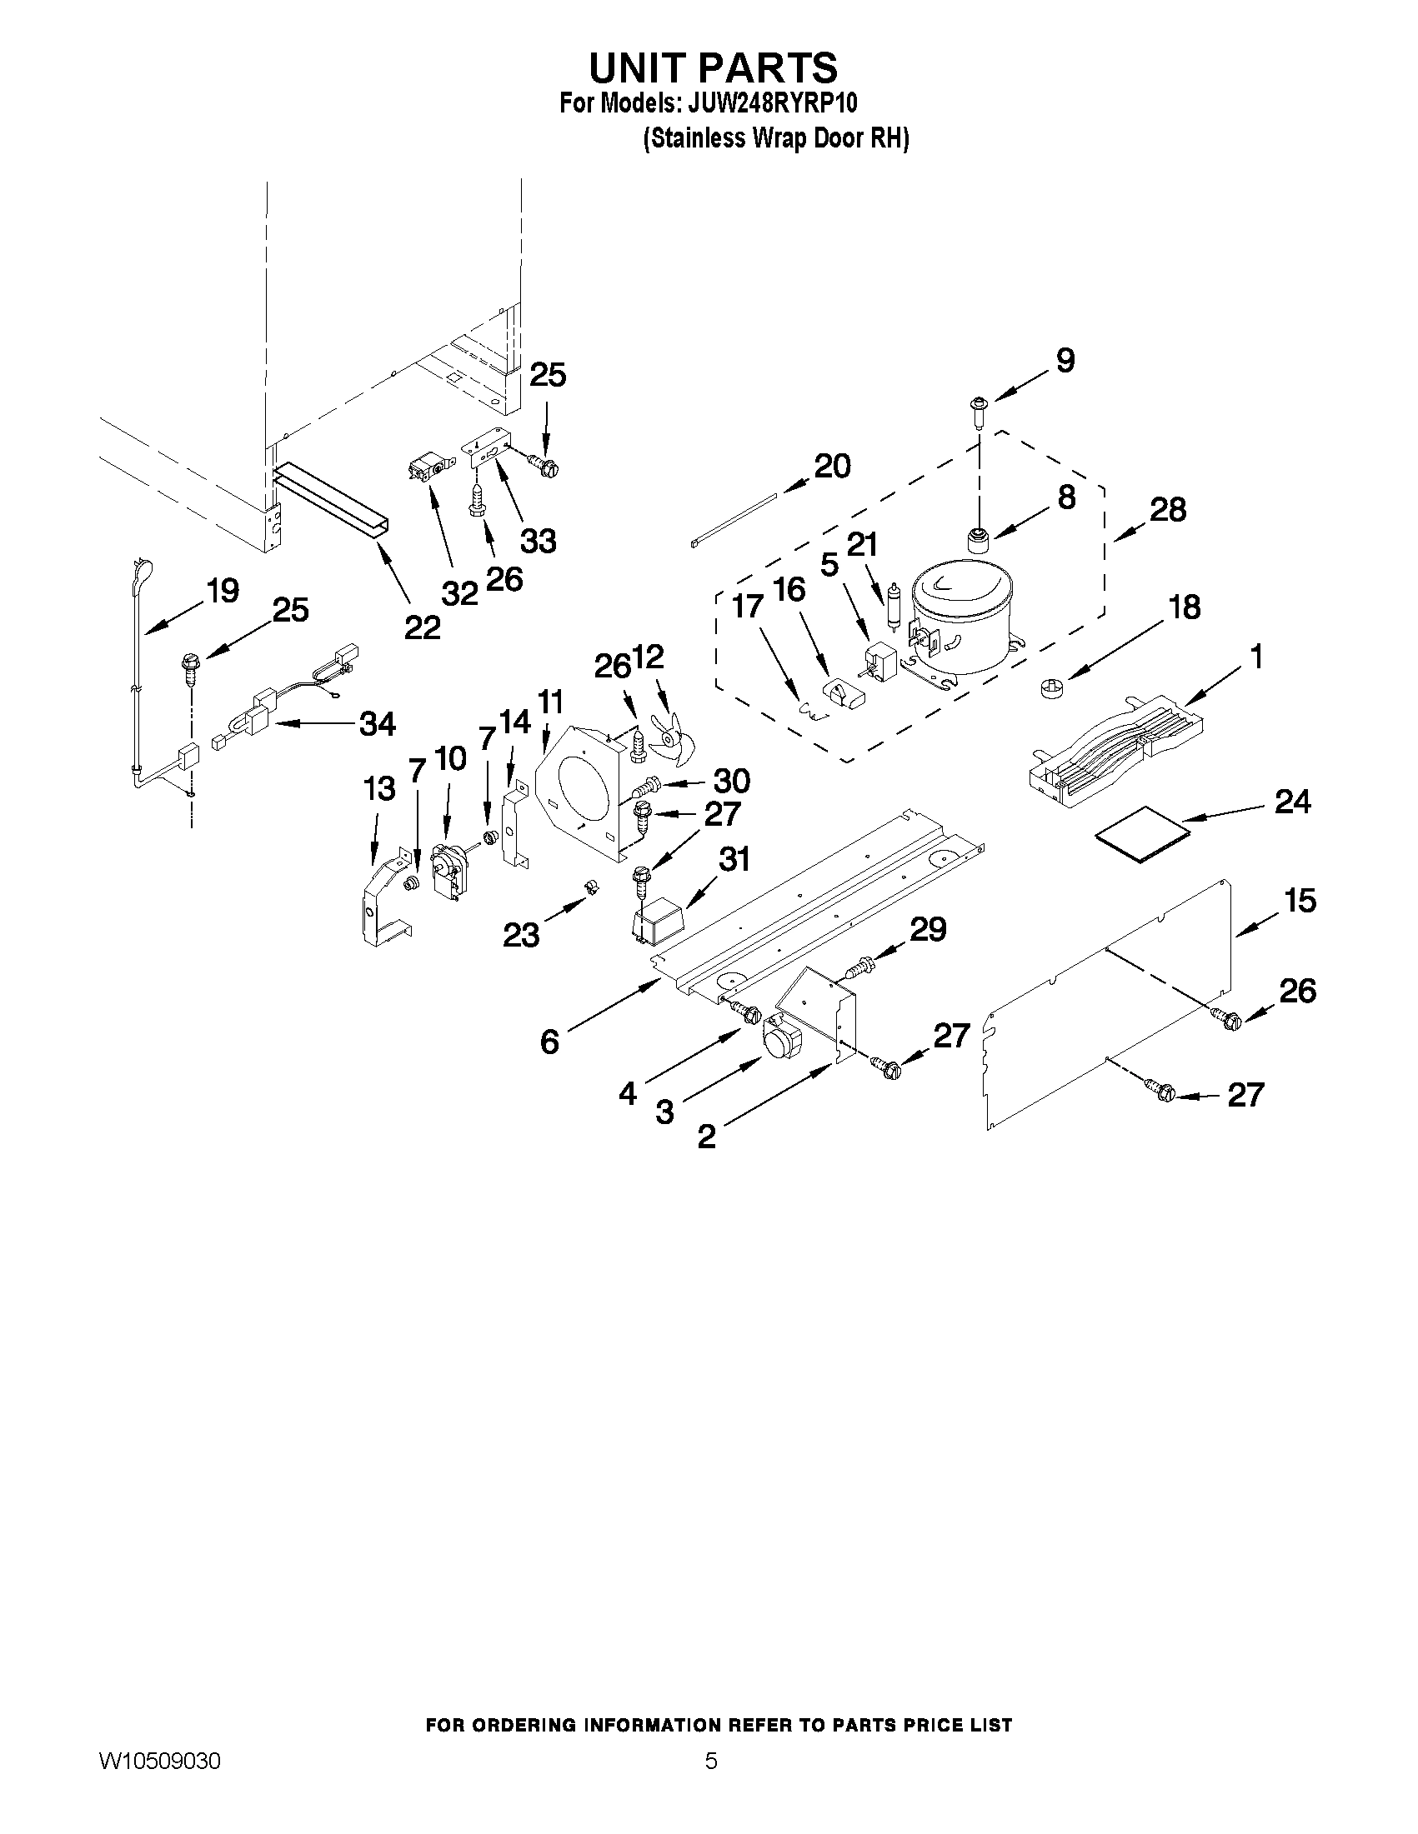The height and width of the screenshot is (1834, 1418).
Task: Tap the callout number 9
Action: coord(1065,361)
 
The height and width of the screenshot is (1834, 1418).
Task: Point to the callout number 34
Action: coord(377,723)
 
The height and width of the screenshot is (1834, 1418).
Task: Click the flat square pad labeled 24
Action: coord(1144,832)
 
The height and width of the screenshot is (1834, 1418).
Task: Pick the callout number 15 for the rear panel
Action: coord(1300,901)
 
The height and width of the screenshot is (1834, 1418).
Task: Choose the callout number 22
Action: coord(422,627)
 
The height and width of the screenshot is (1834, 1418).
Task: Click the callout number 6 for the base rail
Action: coord(549,1042)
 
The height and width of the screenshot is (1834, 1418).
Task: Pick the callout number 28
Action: coord(1168,509)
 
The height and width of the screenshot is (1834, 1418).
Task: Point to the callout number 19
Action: coord(223,591)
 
